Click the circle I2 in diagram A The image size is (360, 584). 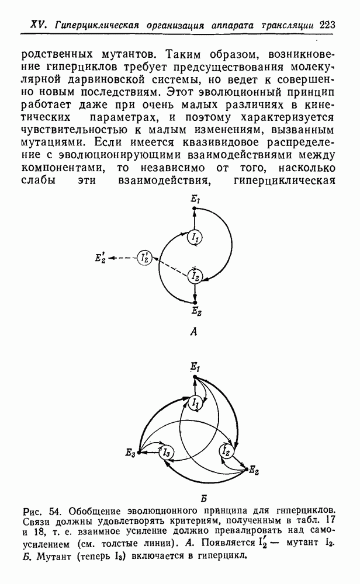(195, 277)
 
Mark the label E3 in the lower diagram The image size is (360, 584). (130, 453)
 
